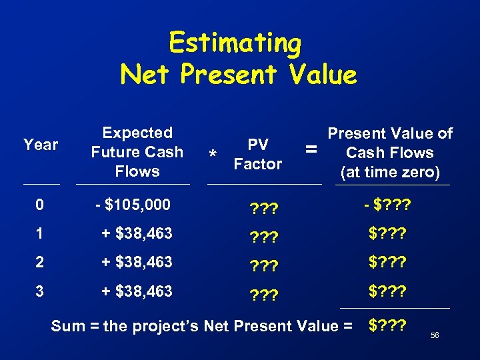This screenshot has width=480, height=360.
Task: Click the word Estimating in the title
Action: pos(235,43)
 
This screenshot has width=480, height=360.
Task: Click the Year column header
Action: pos(41,145)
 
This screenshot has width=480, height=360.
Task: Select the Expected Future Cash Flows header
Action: pos(137,152)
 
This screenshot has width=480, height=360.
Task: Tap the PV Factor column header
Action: pos(258,154)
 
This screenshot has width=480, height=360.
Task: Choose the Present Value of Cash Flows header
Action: pos(389,153)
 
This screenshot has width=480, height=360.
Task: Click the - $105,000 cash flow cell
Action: pos(133,205)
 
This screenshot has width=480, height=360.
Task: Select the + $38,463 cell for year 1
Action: pos(137,233)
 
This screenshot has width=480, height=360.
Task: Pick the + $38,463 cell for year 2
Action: pos(137,262)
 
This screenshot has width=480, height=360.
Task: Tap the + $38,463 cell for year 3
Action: pos(137,291)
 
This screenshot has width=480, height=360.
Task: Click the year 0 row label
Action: pos(39,205)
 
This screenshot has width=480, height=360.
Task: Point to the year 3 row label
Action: pos(39,291)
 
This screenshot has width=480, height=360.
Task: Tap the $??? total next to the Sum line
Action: pos(390,326)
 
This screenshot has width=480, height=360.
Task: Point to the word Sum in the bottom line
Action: pos(68,326)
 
